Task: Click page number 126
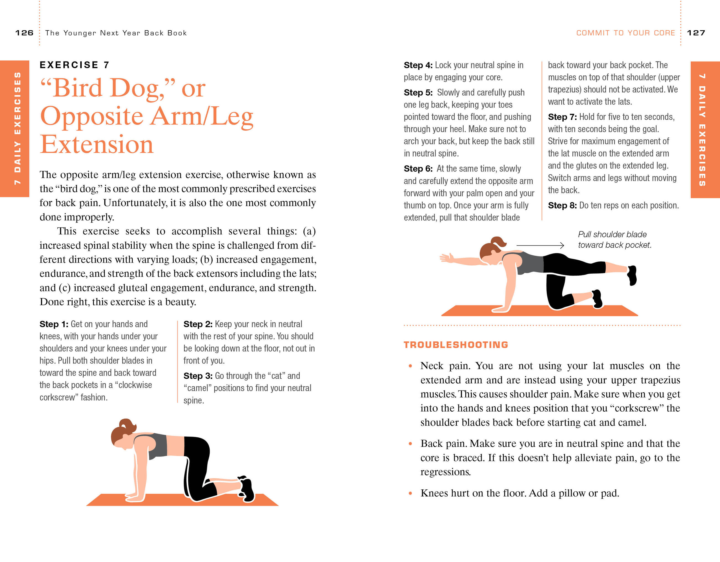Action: click(24, 33)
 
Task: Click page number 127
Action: click(696, 33)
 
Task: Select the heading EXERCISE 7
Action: click(74, 65)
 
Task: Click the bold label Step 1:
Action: click(54, 324)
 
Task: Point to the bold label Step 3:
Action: click(198, 376)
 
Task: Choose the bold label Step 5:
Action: click(418, 93)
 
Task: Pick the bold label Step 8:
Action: click(562, 206)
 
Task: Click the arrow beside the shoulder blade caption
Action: click(540, 245)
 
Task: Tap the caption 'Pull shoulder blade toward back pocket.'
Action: click(614, 240)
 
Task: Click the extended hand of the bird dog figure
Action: click(446, 258)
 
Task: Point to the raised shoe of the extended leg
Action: click(632, 275)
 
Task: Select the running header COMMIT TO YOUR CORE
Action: click(625, 33)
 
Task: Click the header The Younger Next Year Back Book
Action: click(116, 33)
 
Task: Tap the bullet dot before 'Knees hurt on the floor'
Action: click(410, 493)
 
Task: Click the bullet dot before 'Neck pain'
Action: click(410, 366)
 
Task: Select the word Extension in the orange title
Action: click(97, 145)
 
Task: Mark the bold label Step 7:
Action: click(562, 117)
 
